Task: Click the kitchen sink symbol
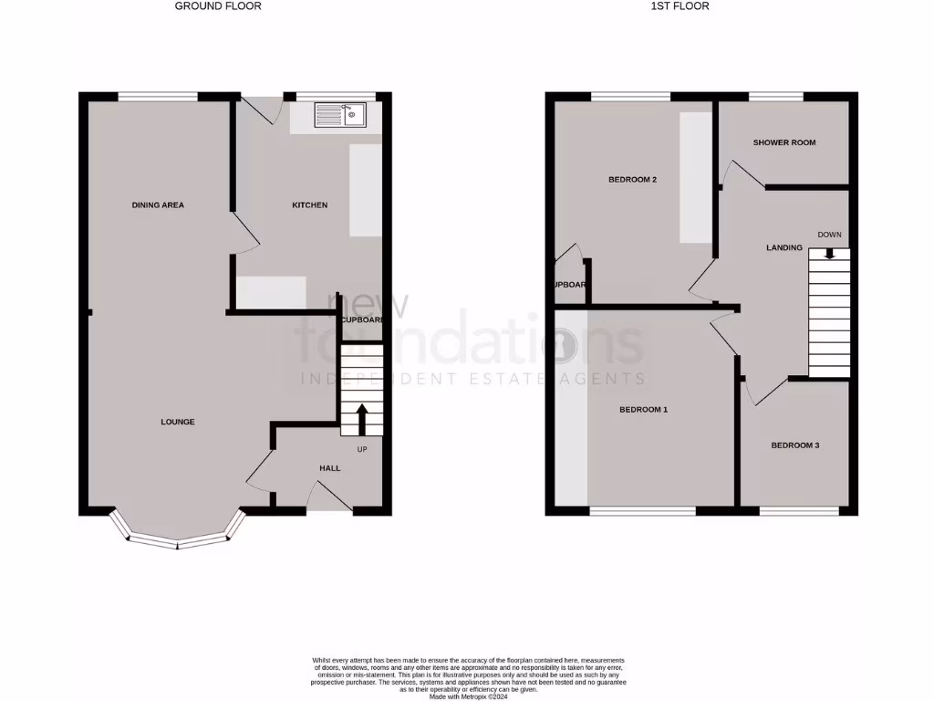click(338, 114)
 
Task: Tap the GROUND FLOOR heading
click(218, 5)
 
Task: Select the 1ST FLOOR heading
click(680, 5)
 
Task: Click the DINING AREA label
click(158, 205)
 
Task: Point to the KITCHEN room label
click(309, 205)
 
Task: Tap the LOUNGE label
click(177, 422)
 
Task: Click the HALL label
click(329, 468)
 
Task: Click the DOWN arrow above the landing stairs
click(829, 253)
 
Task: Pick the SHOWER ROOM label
click(784, 142)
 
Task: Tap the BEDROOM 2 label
click(632, 180)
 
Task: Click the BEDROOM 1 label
click(643, 410)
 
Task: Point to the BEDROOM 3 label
click(794, 445)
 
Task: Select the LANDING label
click(784, 247)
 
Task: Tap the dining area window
click(158, 96)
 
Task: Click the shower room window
click(775, 96)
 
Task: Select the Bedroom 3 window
click(798, 510)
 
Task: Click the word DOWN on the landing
click(829, 235)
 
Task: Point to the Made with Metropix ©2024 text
click(468, 696)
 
